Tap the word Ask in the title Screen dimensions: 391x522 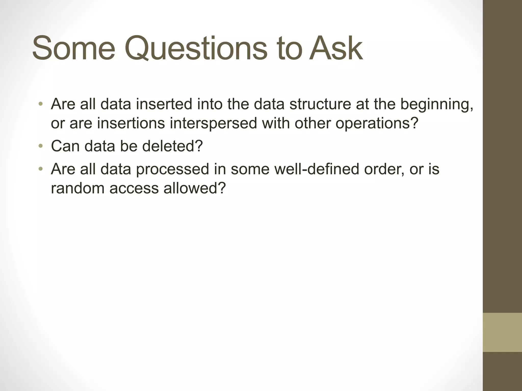pyautogui.click(x=336, y=48)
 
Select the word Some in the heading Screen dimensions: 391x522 pyautogui.click(x=74, y=48)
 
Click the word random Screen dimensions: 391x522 pyautogui.click(x=77, y=188)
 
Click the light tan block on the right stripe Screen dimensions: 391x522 pyautogui.click(x=502, y=332)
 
